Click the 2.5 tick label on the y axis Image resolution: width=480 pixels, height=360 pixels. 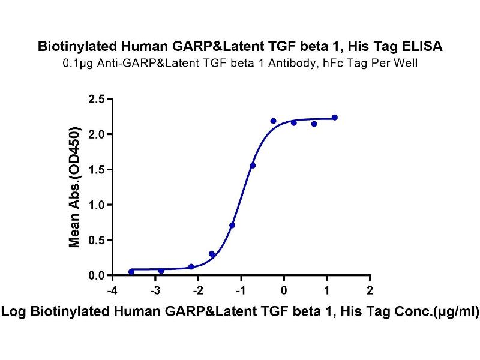click(96, 98)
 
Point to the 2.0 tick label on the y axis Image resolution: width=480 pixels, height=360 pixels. click(96, 134)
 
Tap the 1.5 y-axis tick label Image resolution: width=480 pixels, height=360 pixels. click(96, 169)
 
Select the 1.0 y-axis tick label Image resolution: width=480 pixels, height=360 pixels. click(96, 205)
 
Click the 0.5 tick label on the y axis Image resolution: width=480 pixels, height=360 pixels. click(96, 240)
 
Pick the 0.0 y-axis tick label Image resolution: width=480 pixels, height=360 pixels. click(96, 275)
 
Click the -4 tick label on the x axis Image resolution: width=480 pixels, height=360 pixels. click(110, 290)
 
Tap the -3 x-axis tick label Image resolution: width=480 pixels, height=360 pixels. click(154, 290)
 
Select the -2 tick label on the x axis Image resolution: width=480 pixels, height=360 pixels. click(197, 290)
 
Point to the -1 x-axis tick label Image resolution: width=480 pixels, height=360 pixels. click(241, 290)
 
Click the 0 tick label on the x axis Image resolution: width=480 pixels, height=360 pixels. click(284, 290)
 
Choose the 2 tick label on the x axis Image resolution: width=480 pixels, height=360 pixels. click(370, 290)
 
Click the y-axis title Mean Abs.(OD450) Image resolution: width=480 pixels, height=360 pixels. click(75, 187)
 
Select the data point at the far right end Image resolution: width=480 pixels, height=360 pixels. click(335, 118)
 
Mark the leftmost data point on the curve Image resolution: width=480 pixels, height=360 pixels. click(131, 272)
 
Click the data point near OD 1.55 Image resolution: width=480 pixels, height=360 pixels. click(253, 166)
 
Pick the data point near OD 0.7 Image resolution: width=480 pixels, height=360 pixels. click(232, 225)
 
